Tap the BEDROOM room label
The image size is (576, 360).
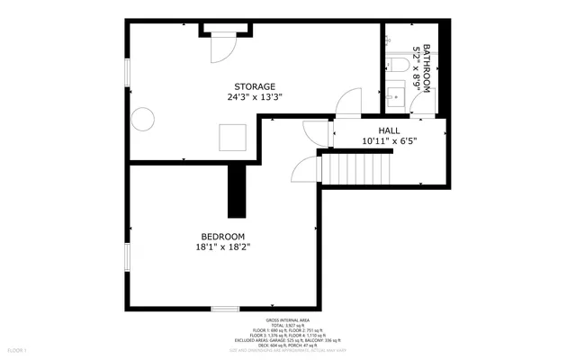222,236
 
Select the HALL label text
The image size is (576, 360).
390,130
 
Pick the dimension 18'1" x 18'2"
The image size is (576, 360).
222,247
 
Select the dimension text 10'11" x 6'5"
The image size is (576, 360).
390,141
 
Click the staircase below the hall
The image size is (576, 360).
357,168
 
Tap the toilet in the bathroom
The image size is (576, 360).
397,67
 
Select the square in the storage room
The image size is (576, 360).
232,137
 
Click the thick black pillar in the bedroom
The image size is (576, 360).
237,190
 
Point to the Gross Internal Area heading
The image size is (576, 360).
287,320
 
